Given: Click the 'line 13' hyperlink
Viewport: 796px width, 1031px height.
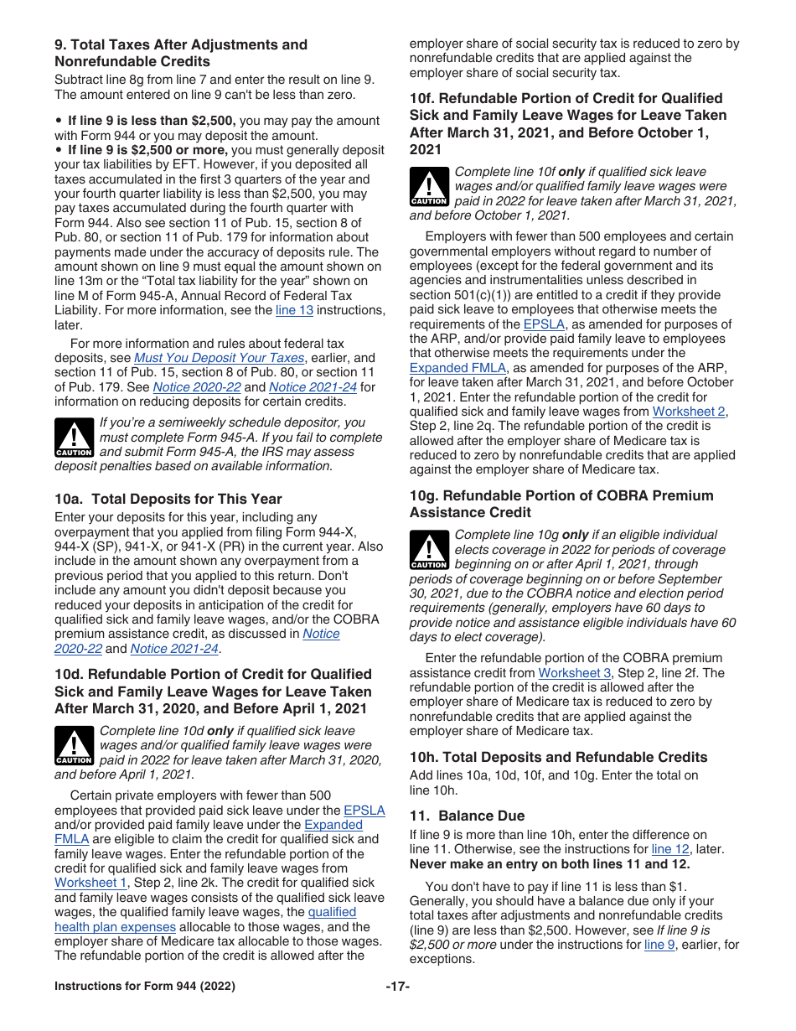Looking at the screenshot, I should (294, 310).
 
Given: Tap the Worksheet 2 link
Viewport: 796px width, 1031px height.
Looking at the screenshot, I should (689, 412).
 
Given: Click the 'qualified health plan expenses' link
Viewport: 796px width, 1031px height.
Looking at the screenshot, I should (115, 927).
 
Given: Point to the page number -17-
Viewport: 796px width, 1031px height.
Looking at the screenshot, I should (397, 987).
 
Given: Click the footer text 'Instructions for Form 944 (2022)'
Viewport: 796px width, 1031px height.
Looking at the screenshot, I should (145, 987).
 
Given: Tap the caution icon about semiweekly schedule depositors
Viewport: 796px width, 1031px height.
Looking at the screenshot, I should (74, 438).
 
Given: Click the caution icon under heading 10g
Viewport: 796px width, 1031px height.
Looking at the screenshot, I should (429, 551).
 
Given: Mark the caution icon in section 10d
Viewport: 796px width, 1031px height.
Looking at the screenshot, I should (74, 746).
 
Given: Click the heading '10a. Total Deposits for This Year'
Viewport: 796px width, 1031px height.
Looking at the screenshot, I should (168, 499).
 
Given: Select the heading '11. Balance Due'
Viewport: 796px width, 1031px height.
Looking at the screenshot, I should (467, 816).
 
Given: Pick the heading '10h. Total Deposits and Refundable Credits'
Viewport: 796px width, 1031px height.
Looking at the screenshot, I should (558, 757).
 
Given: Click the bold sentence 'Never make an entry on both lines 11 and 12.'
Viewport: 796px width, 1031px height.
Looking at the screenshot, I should (550, 864).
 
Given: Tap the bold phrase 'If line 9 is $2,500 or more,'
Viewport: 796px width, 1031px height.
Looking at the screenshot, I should (148, 151).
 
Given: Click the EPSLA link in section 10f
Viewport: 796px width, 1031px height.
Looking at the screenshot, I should (545, 324).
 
